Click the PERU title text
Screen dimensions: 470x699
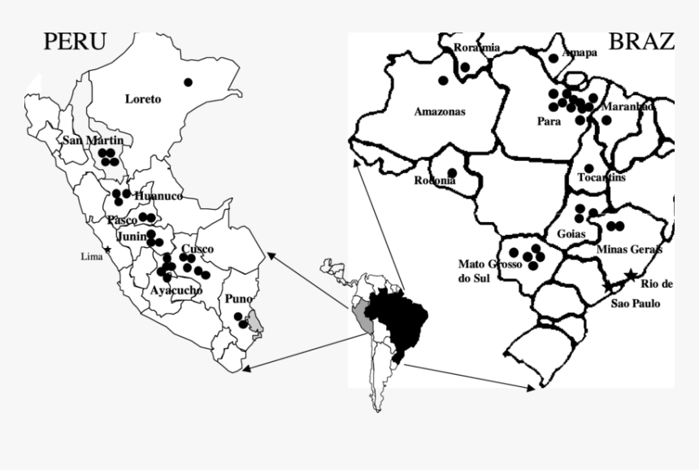pos(74,41)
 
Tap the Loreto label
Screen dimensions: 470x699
pos(143,99)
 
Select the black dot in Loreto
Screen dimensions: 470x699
pos(188,81)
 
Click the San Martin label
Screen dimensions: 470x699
pos(93,141)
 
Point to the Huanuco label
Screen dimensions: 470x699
pos(158,196)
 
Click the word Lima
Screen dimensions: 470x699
pos(92,256)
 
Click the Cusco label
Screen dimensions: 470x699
pos(198,249)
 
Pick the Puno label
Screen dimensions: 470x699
pos(238,299)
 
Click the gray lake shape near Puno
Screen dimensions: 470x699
pos(256,321)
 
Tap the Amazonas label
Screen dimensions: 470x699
pos(440,112)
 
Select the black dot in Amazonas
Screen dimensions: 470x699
pos(443,80)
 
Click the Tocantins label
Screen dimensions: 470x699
pos(601,177)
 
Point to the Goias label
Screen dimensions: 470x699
pos(572,233)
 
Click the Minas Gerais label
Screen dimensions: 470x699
pos(629,249)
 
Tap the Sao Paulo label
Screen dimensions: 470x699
pos(636,303)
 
